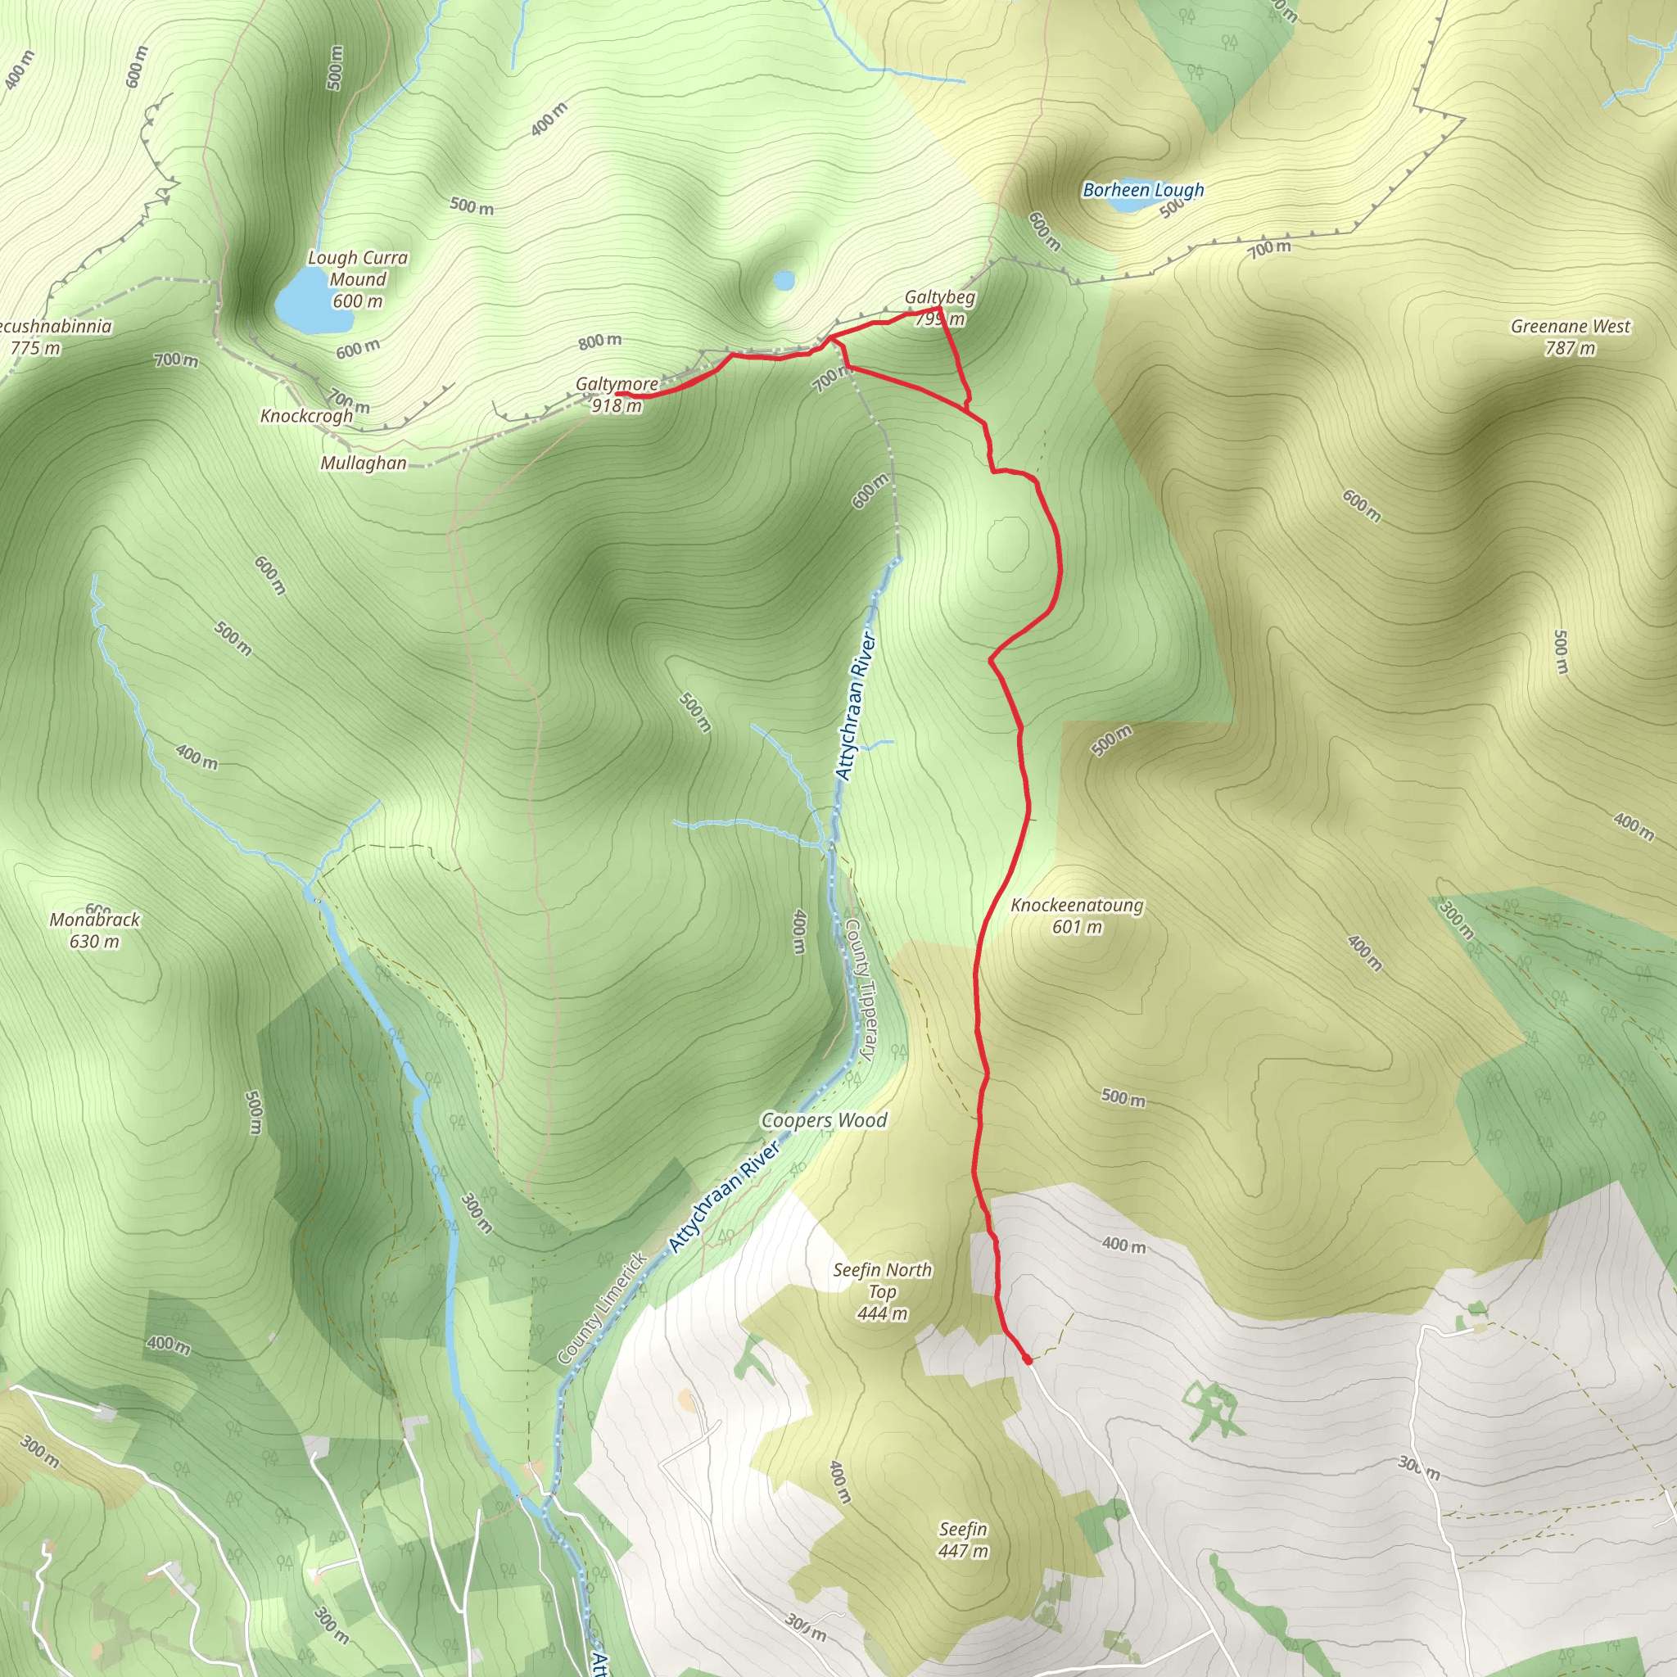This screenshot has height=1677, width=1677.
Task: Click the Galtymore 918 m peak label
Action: coord(617,394)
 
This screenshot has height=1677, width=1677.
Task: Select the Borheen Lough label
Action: coord(1143,189)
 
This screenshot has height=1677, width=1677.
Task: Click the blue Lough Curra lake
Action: coord(312,302)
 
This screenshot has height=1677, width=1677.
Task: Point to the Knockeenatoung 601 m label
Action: coord(1078,915)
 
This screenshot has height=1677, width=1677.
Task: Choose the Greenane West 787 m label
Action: coord(1571,337)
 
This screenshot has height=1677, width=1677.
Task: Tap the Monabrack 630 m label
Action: coord(95,929)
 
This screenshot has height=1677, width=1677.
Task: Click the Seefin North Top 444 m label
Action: coord(882,1291)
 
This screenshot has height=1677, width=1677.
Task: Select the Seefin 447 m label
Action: coord(963,1540)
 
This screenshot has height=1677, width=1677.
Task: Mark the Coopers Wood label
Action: coord(824,1121)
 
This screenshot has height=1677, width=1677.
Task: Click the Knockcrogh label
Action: coord(306,416)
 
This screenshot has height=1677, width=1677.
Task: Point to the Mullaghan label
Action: coord(363,463)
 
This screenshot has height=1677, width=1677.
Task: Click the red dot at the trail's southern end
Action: coord(1028,1360)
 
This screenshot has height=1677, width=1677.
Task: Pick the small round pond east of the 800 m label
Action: coord(784,280)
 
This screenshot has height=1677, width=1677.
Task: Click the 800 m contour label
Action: coord(599,341)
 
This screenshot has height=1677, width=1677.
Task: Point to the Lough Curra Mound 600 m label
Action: coord(358,279)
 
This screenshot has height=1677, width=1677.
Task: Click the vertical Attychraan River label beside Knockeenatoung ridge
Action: coord(856,707)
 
